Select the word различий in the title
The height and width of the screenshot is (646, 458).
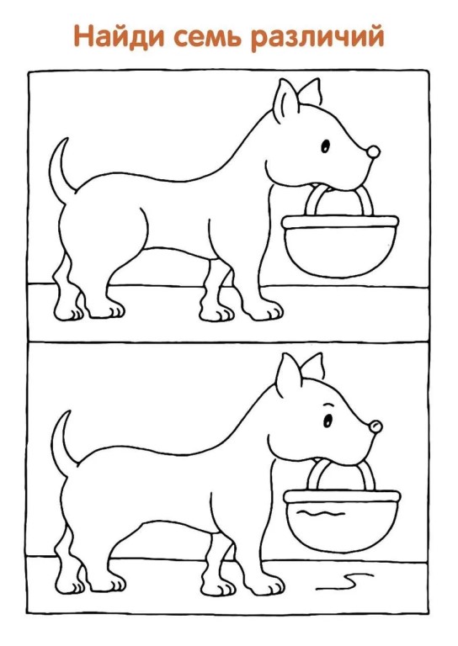(322, 38)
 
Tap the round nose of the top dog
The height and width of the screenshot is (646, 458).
(371, 153)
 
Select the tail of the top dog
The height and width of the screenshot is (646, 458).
(58, 168)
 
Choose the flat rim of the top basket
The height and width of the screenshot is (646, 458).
(338, 222)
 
